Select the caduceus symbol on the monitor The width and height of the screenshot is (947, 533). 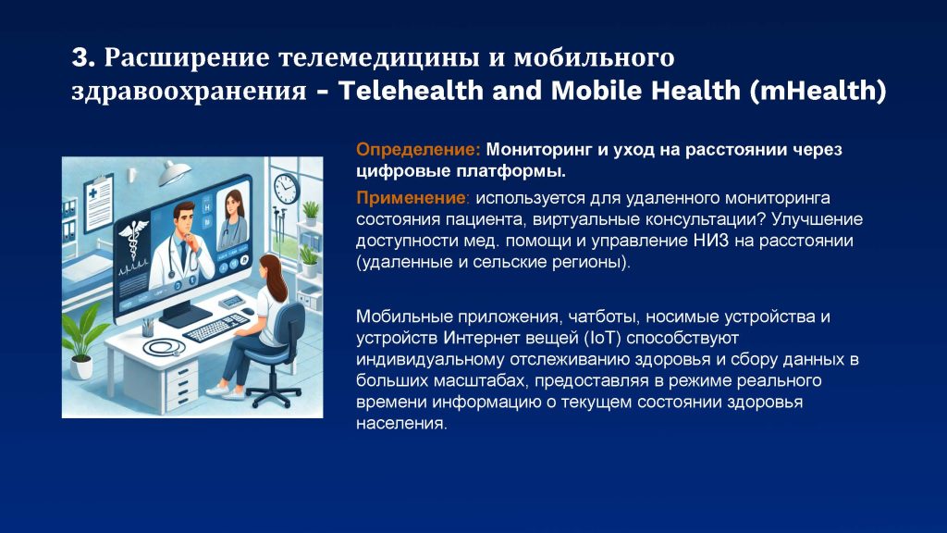pos(133,240)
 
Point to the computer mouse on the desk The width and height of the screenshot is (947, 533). pos(246,312)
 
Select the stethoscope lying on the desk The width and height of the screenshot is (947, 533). pos(164,348)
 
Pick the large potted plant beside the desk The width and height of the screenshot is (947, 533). pos(81,341)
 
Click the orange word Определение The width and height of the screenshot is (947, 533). pos(418,149)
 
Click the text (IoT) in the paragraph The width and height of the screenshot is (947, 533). pos(603,337)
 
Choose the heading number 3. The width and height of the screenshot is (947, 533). pos(83,57)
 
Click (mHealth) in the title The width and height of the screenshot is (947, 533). pos(818,91)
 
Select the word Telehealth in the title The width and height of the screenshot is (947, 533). pos(411,90)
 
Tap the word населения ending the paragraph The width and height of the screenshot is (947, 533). pos(401,424)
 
